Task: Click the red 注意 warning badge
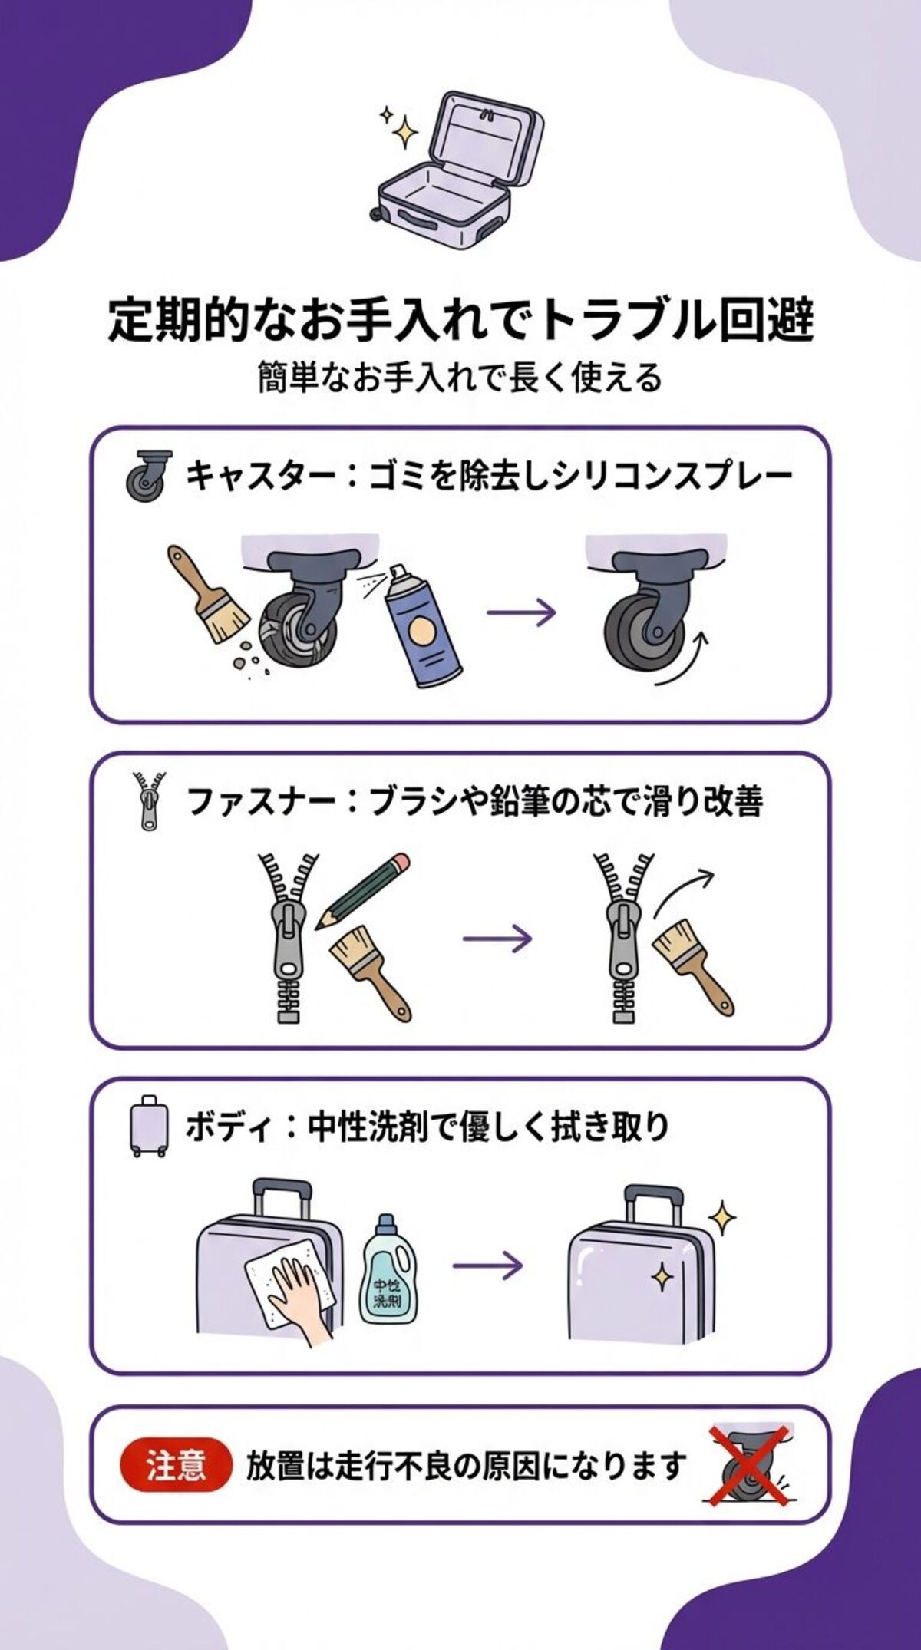coord(175,1467)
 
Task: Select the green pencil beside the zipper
coord(363,889)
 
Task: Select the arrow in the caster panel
coord(521,612)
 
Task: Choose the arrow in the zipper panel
coord(497,938)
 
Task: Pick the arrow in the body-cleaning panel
coord(487,1264)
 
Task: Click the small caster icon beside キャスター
coord(146,476)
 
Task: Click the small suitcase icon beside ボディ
coord(147,1126)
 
